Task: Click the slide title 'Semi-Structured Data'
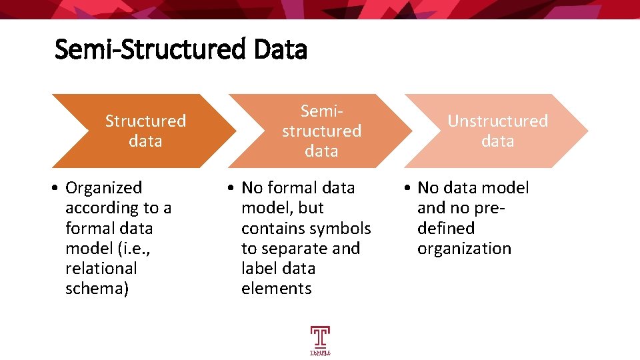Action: point(181,49)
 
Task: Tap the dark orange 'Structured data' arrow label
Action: point(145,131)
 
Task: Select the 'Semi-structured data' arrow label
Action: point(321,131)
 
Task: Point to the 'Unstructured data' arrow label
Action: point(497,131)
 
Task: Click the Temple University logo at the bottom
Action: point(320,340)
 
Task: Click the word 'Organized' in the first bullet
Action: point(103,188)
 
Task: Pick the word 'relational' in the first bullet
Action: point(101,268)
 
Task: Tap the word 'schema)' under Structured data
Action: point(97,289)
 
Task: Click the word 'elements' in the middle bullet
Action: point(276,289)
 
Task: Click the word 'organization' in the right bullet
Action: point(464,249)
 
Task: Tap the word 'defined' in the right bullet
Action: point(446,228)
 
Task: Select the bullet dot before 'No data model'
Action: point(407,189)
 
